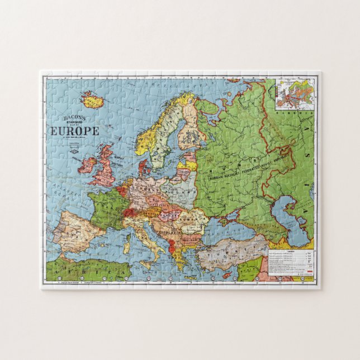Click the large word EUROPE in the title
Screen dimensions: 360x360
pyautogui.click(x=74, y=131)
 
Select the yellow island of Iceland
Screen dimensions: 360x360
pyautogui.click(x=93, y=101)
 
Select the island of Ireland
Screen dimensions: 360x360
pyautogui.click(x=88, y=165)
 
